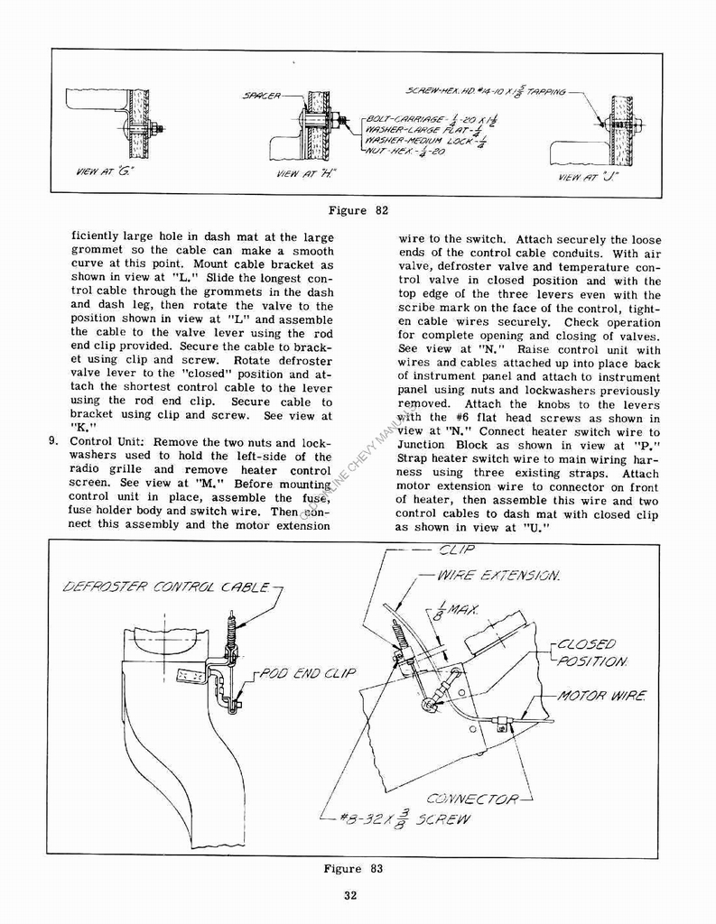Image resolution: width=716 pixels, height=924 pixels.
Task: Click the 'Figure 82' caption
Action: (x=358, y=210)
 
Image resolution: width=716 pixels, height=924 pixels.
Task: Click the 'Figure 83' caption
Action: (x=353, y=869)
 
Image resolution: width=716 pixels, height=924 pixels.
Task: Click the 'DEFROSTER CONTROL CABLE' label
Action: (x=166, y=587)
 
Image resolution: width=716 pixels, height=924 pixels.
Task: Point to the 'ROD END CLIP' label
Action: (x=308, y=673)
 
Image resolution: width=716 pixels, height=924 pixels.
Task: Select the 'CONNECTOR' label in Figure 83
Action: (x=471, y=799)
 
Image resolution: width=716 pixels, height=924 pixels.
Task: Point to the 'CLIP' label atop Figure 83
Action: (x=456, y=550)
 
